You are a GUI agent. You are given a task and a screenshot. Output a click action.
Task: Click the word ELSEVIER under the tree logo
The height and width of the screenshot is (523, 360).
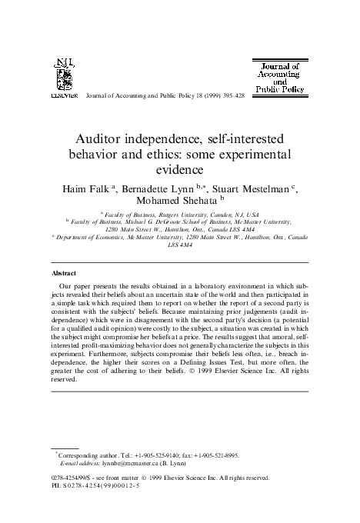click(64, 98)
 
